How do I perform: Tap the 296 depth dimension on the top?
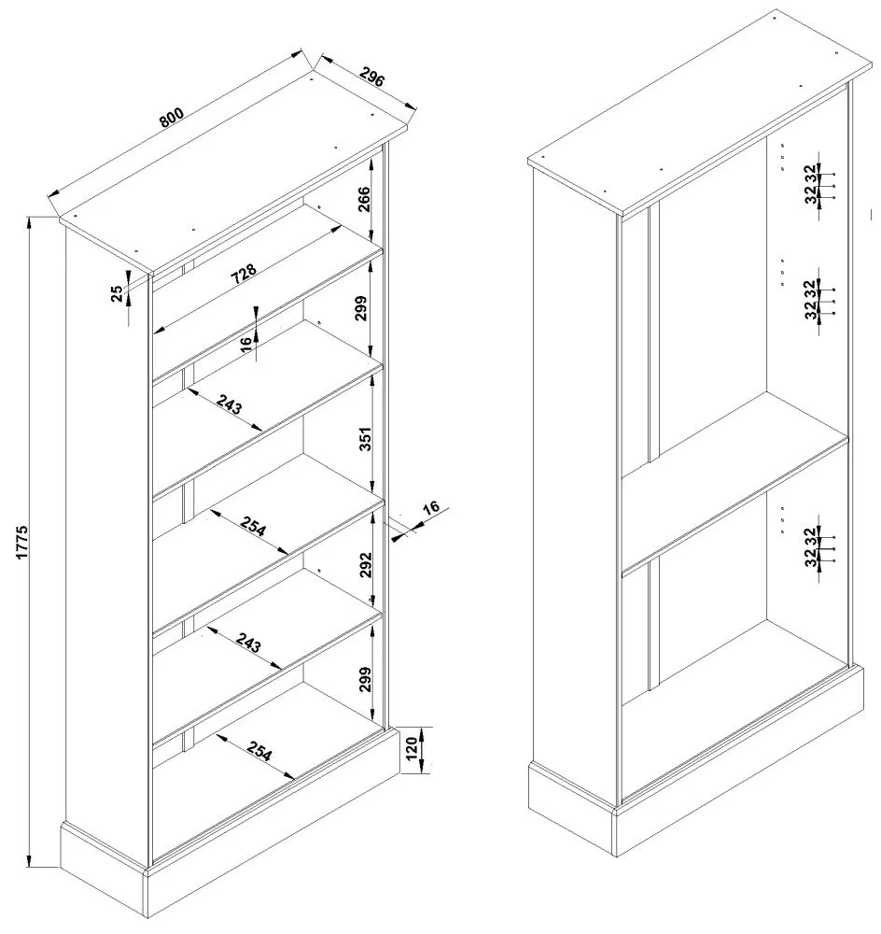pos(371,78)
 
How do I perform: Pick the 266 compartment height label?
pos(364,201)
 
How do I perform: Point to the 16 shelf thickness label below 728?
pos(245,343)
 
